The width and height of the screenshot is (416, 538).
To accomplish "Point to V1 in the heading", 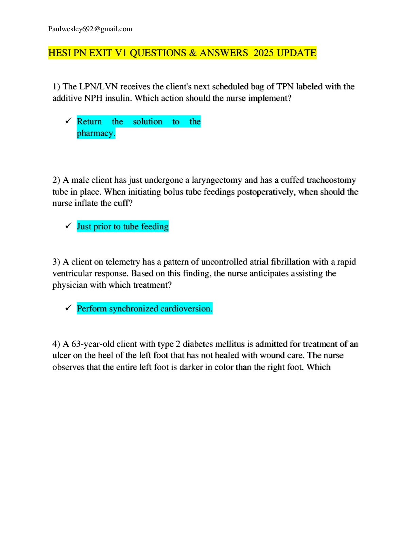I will click(121, 53).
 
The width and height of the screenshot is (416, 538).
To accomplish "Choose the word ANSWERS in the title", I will click(224, 53).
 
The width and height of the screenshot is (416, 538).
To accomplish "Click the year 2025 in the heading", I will click(263, 53).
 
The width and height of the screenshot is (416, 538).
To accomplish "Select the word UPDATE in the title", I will click(296, 53).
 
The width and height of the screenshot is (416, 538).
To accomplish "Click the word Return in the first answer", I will click(89, 122).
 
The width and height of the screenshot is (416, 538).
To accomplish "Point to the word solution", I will click(148, 122).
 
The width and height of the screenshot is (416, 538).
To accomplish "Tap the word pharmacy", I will click(95, 133).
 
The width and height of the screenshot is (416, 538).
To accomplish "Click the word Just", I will click(84, 227).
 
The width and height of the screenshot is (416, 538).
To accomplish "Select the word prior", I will click(102, 227).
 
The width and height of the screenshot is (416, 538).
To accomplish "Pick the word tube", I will click(131, 227).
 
